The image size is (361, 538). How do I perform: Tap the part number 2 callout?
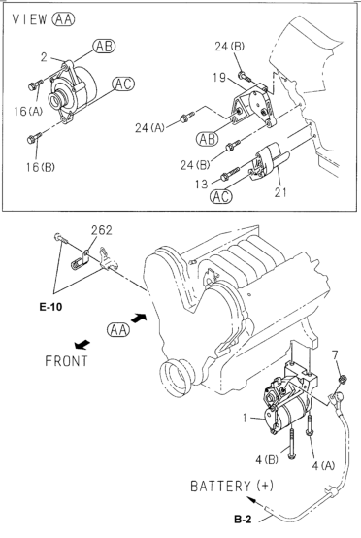[45, 58]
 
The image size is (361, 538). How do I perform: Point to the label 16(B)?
[41, 166]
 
